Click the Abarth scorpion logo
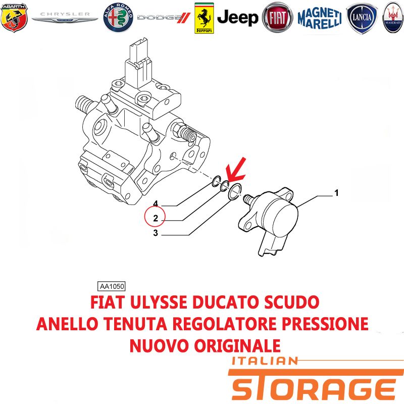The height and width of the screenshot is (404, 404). (x=14, y=18)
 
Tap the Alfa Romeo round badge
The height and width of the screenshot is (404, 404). (x=118, y=18)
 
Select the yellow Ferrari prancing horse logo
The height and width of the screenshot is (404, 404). (x=204, y=18)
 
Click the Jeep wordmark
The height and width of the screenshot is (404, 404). (x=237, y=18)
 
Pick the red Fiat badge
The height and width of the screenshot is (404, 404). (x=277, y=18)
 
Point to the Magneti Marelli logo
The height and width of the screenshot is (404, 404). (x=320, y=18)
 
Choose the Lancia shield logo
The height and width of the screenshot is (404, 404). (x=362, y=18)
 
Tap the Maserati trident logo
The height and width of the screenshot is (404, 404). (x=393, y=18)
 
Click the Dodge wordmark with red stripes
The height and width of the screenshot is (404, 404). (x=164, y=18)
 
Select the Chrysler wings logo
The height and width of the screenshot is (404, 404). (x=65, y=17)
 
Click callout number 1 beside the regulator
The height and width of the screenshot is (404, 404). (x=336, y=193)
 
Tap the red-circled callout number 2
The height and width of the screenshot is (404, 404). (x=155, y=218)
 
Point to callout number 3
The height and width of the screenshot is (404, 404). (x=156, y=233)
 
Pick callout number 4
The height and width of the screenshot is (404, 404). (x=156, y=204)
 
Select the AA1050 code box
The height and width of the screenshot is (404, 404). (x=112, y=286)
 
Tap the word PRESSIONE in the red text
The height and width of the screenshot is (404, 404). (x=325, y=324)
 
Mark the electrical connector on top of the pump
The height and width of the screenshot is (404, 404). (x=139, y=63)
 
